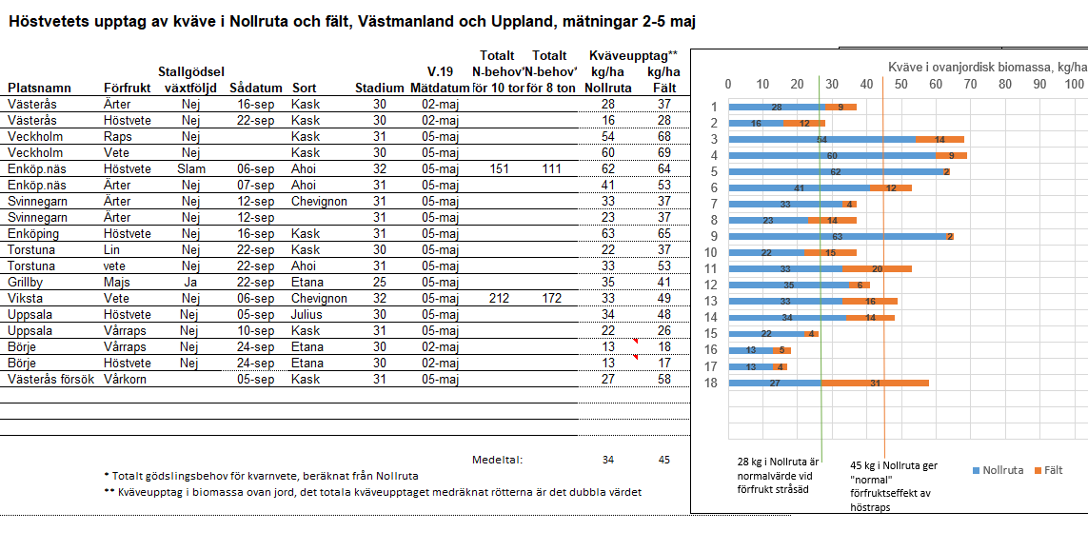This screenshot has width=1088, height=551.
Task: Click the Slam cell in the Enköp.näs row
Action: [x=191, y=169]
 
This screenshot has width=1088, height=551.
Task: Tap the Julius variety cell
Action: [x=307, y=315]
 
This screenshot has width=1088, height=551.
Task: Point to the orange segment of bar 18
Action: [x=875, y=383]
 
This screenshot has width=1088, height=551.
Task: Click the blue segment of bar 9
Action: [x=837, y=236]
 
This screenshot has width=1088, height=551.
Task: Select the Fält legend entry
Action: [x=1046, y=471]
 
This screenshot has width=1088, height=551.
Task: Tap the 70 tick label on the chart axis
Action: [x=970, y=84]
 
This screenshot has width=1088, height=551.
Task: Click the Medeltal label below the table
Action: [x=498, y=460]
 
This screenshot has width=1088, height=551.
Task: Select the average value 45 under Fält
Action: [x=663, y=460]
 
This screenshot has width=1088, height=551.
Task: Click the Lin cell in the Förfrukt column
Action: [x=113, y=250]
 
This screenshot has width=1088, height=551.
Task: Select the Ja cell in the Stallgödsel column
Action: [x=191, y=283]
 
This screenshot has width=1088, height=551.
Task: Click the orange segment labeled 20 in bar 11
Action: [x=877, y=268]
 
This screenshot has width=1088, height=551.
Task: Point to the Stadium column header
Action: [x=380, y=88]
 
